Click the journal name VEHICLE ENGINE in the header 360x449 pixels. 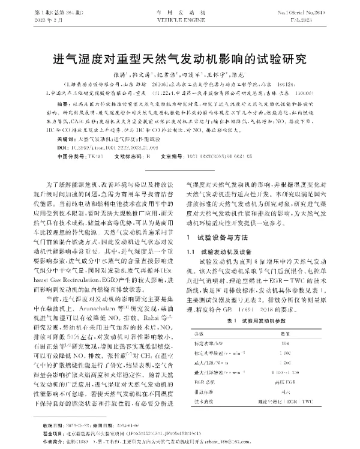[180, 17]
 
